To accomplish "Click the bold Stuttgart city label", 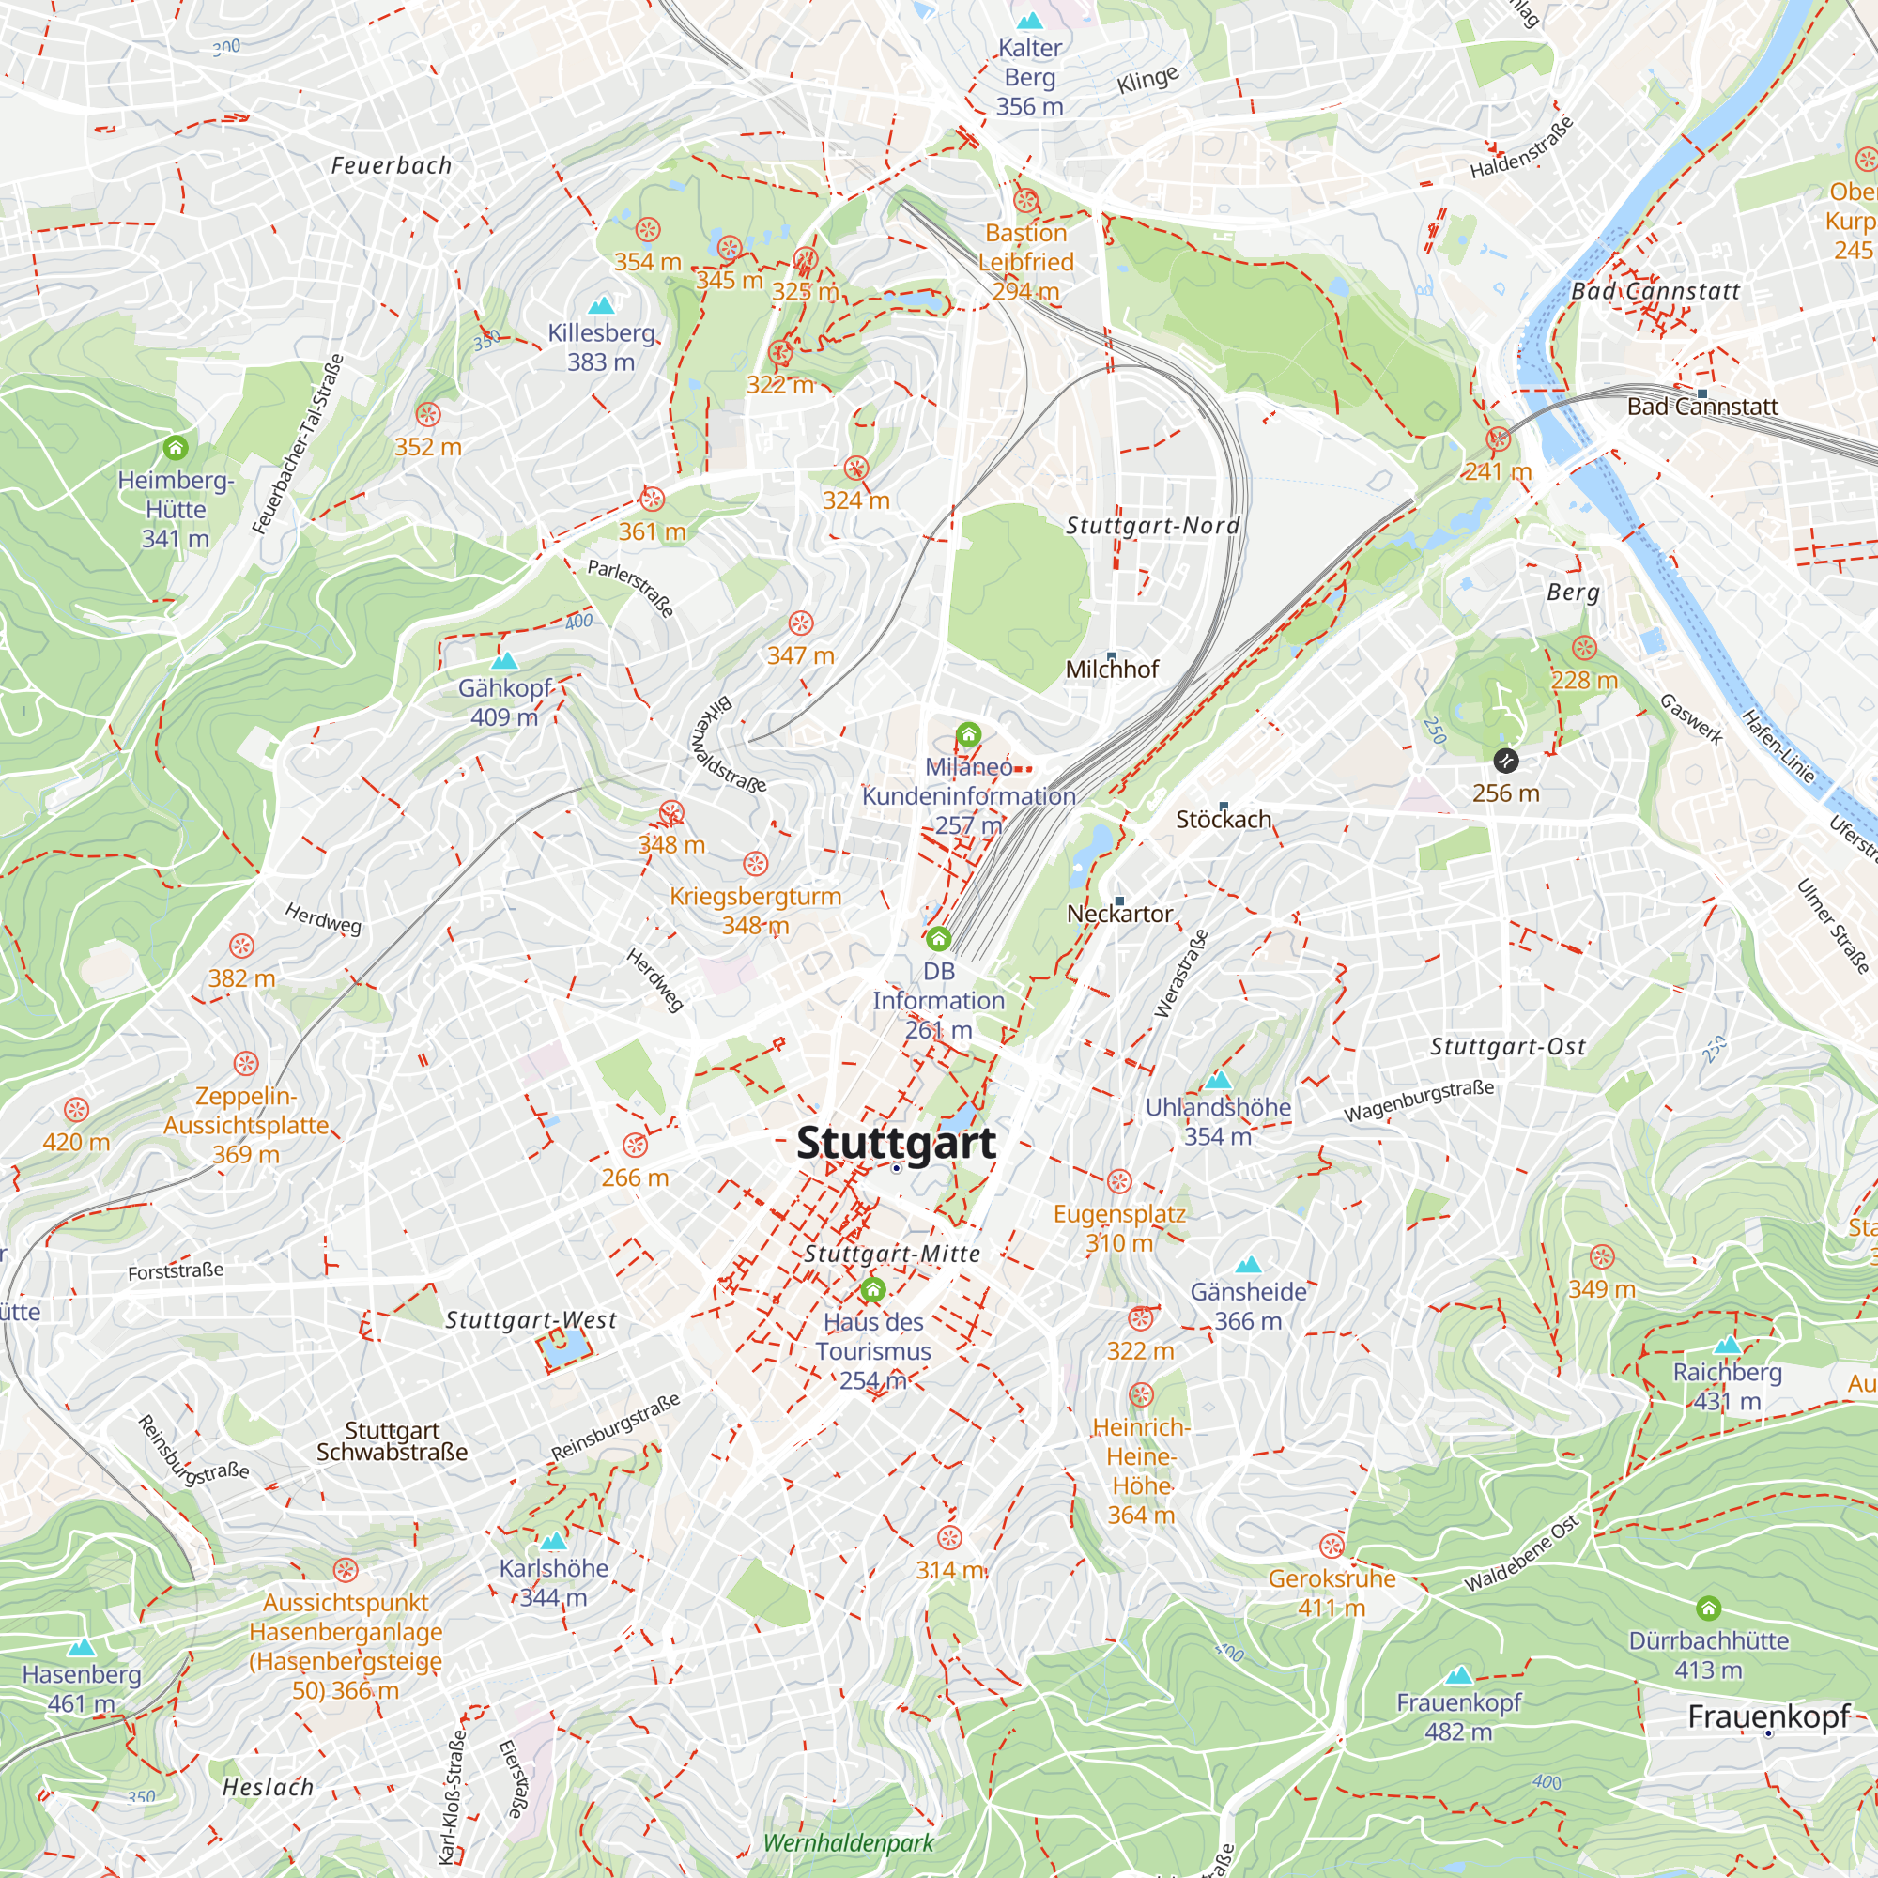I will (895, 1143).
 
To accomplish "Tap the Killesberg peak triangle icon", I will (602, 305).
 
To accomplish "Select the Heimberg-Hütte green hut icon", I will (175, 448).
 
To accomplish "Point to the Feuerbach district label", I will (392, 165).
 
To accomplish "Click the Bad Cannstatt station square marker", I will (1702, 393).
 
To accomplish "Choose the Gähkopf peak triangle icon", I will (503, 662).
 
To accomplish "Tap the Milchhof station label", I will (1112, 669).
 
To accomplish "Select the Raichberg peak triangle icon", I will (1728, 1346).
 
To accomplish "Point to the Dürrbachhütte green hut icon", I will (1709, 1609).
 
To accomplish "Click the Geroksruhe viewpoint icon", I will (1332, 1547).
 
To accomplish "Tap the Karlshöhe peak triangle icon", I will (553, 1541).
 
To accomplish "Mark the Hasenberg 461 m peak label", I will (82, 1688).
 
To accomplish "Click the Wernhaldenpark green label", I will (849, 1843).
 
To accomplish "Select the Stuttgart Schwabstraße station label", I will (392, 1441).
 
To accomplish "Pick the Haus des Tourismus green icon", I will (873, 1291).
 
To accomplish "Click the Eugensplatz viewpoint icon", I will (1120, 1182).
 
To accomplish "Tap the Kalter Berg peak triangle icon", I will (1029, 21).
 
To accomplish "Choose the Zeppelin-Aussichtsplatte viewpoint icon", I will (246, 1065).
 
